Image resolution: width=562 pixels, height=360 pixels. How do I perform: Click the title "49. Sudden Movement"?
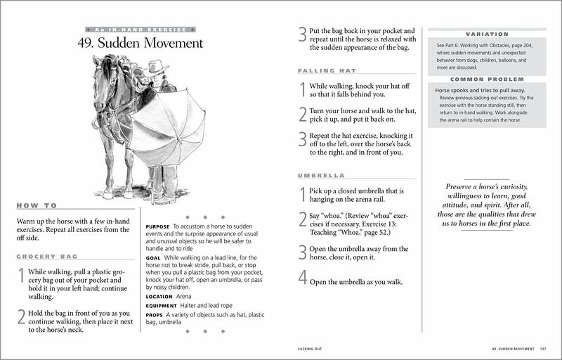pyautogui.click(x=140, y=43)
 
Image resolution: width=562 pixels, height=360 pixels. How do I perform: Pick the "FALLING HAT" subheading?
pyautogui.click(x=325, y=71)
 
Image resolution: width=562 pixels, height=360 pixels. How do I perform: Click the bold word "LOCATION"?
pyautogui.click(x=159, y=297)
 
